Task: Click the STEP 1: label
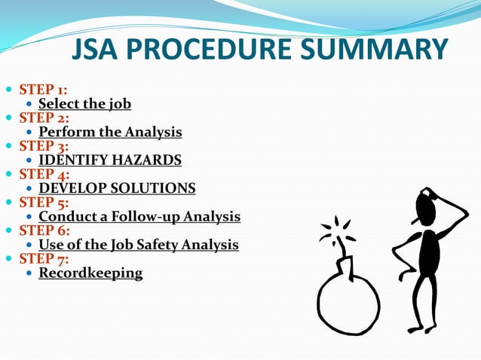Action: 44,90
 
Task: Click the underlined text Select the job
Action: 84,104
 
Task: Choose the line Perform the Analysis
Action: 110,132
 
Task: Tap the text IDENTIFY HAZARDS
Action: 110,160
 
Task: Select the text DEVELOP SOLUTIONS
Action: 117,188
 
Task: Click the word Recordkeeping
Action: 90,273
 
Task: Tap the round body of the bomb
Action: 348,302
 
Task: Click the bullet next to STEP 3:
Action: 8,146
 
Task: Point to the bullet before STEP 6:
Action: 8,230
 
